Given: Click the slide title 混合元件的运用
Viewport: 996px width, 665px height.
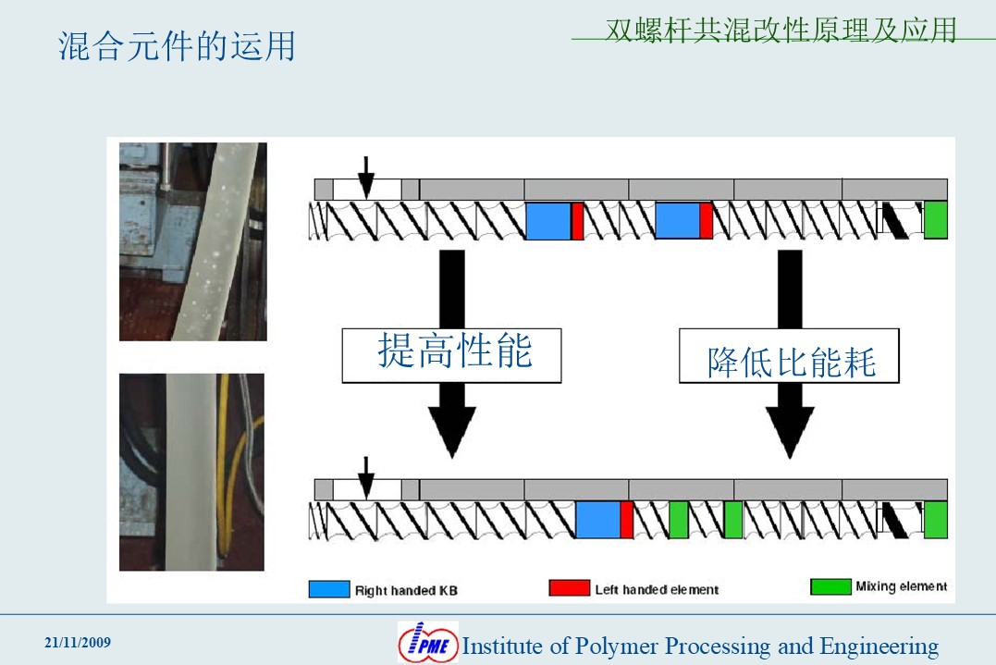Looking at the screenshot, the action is [177, 45].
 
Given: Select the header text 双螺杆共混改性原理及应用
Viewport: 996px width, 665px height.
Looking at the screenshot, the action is [781, 30].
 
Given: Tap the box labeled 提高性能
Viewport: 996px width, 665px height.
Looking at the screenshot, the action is [451, 356].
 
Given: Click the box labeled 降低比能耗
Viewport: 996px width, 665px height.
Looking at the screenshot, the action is [789, 356].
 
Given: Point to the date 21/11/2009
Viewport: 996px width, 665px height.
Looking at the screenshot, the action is [78, 642].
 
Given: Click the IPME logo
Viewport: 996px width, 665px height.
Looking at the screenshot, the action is [428, 642].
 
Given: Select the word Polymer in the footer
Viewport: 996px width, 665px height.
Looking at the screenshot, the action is [616, 647].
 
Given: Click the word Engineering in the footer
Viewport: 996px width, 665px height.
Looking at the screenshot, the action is [879, 647].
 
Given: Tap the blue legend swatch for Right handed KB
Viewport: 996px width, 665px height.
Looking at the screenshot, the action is [329, 589].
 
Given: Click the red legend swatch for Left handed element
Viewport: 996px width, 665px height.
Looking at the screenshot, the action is [569, 587].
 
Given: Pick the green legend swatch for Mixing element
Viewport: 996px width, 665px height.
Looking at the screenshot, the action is [830, 586].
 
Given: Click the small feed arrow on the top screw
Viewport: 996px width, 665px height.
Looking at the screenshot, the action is [366, 178].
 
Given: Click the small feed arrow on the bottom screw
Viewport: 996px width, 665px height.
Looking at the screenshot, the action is [366, 477].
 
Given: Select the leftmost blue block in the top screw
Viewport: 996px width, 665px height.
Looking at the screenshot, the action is [548, 220].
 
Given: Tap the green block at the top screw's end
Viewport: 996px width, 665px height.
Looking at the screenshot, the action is [936, 220].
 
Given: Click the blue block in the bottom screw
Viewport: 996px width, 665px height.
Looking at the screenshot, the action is [597, 520].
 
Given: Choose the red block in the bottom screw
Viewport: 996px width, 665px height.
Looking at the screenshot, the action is [627, 520].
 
